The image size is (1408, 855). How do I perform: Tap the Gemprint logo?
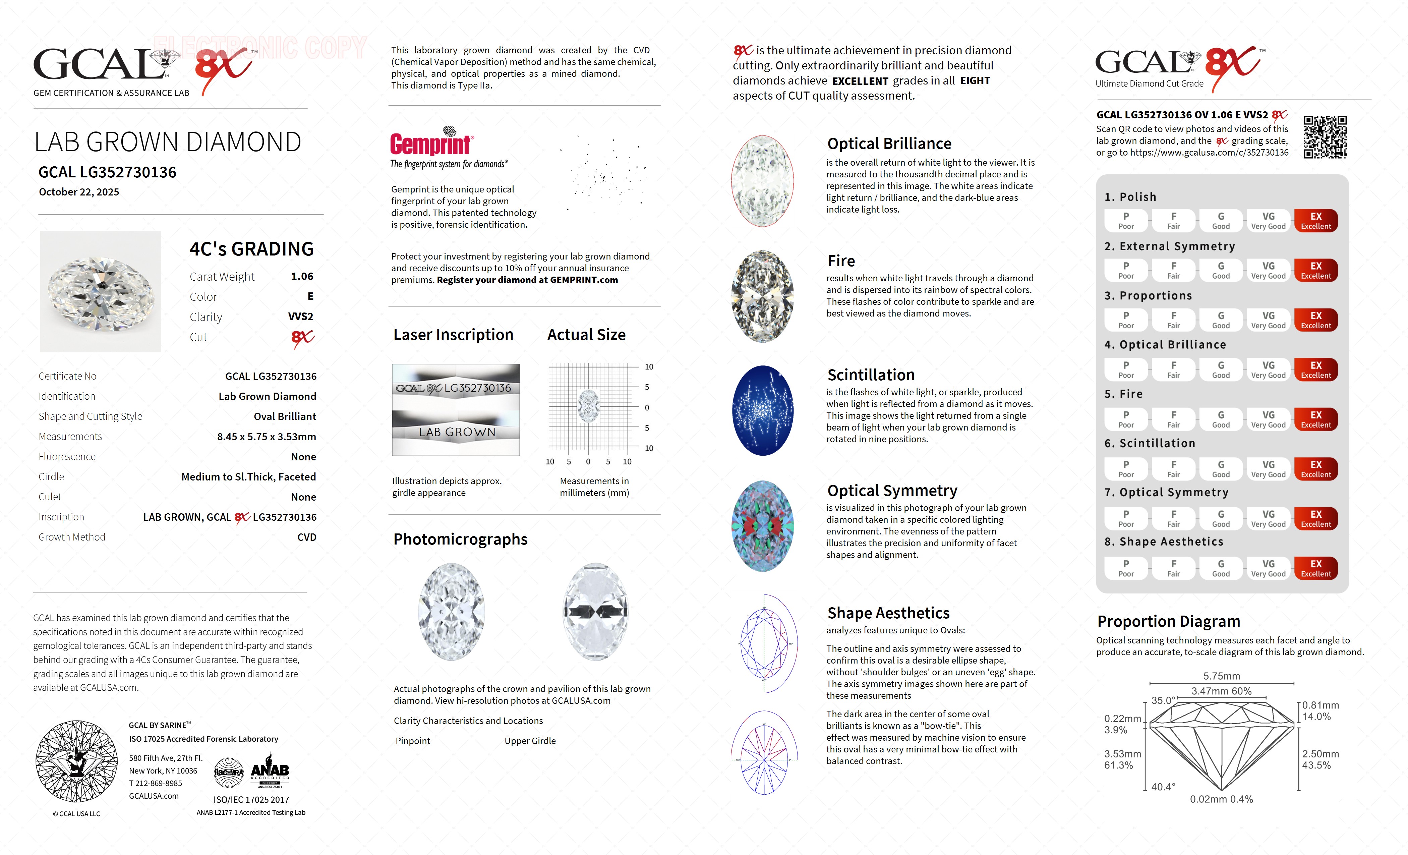431,143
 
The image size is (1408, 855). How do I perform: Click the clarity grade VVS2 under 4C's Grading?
301,317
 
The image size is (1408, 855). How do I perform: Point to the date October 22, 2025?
79,192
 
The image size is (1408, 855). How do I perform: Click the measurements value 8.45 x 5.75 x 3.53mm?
266,437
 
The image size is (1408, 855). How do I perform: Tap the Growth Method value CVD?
306,537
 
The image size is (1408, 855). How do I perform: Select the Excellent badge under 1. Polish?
1315,221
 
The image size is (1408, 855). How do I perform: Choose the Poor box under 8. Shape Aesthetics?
1126,568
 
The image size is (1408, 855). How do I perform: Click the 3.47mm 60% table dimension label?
1221,691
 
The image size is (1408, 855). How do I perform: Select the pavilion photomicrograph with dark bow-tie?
595,612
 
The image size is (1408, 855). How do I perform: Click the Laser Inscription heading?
453,335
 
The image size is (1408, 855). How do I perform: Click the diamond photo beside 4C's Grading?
101,291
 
